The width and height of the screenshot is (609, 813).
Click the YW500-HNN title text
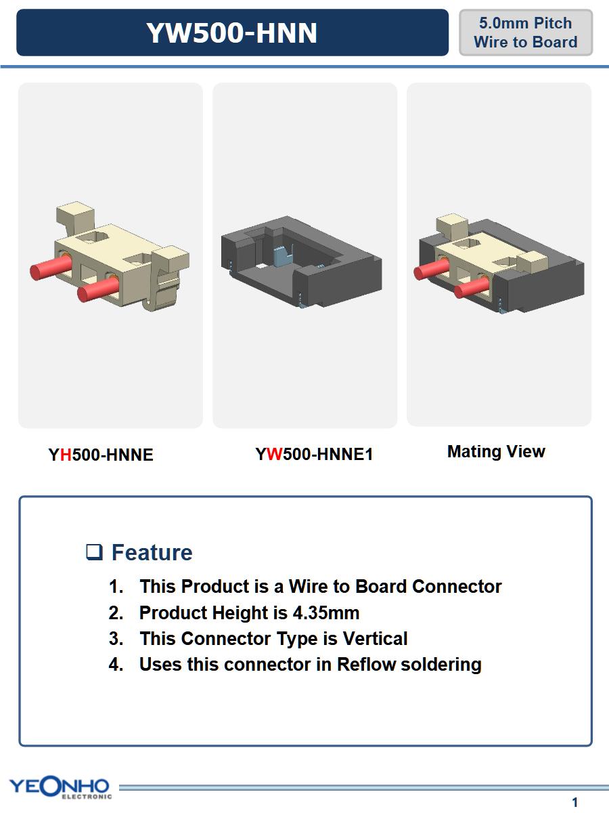click(232, 33)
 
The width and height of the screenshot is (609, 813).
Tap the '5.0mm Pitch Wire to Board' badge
click(526, 33)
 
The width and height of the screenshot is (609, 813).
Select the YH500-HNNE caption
click(101, 455)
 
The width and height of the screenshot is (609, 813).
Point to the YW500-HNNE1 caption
click(314, 454)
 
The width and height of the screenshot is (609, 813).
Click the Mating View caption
click(496, 451)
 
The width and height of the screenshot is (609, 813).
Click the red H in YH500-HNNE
click(66, 455)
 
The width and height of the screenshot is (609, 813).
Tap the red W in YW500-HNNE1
click(274, 454)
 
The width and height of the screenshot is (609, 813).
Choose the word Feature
click(152, 552)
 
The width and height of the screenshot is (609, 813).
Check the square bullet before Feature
click(94, 552)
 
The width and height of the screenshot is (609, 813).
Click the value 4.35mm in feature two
click(326, 612)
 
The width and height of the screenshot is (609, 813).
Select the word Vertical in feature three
click(376, 638)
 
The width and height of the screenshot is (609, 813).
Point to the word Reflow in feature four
click(366, 664)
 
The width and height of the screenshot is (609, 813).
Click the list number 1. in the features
click(116, 586)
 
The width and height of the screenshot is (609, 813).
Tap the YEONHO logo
click(60, 787)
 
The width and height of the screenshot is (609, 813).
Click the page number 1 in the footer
click(574, 802)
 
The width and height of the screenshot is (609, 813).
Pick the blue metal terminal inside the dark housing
click(282, 256)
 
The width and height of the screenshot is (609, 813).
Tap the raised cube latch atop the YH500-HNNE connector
click(75, 213)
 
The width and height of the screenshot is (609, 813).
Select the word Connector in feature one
click(457, 586)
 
